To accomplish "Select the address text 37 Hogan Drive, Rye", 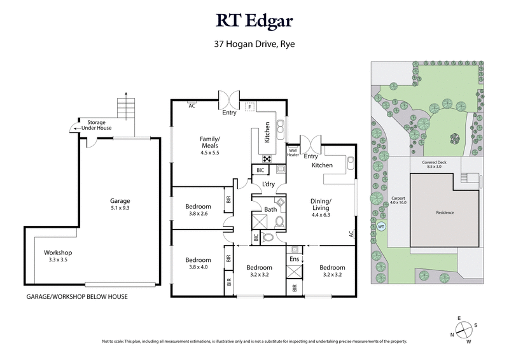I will (254, 45).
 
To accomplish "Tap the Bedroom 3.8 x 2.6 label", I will (198, 210).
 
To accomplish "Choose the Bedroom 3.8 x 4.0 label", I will (198, 263).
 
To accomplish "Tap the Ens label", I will (294, 260).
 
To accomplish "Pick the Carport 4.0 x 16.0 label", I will (399, 200).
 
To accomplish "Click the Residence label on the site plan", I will (445, 212).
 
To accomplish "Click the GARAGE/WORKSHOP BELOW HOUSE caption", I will (76, 297).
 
